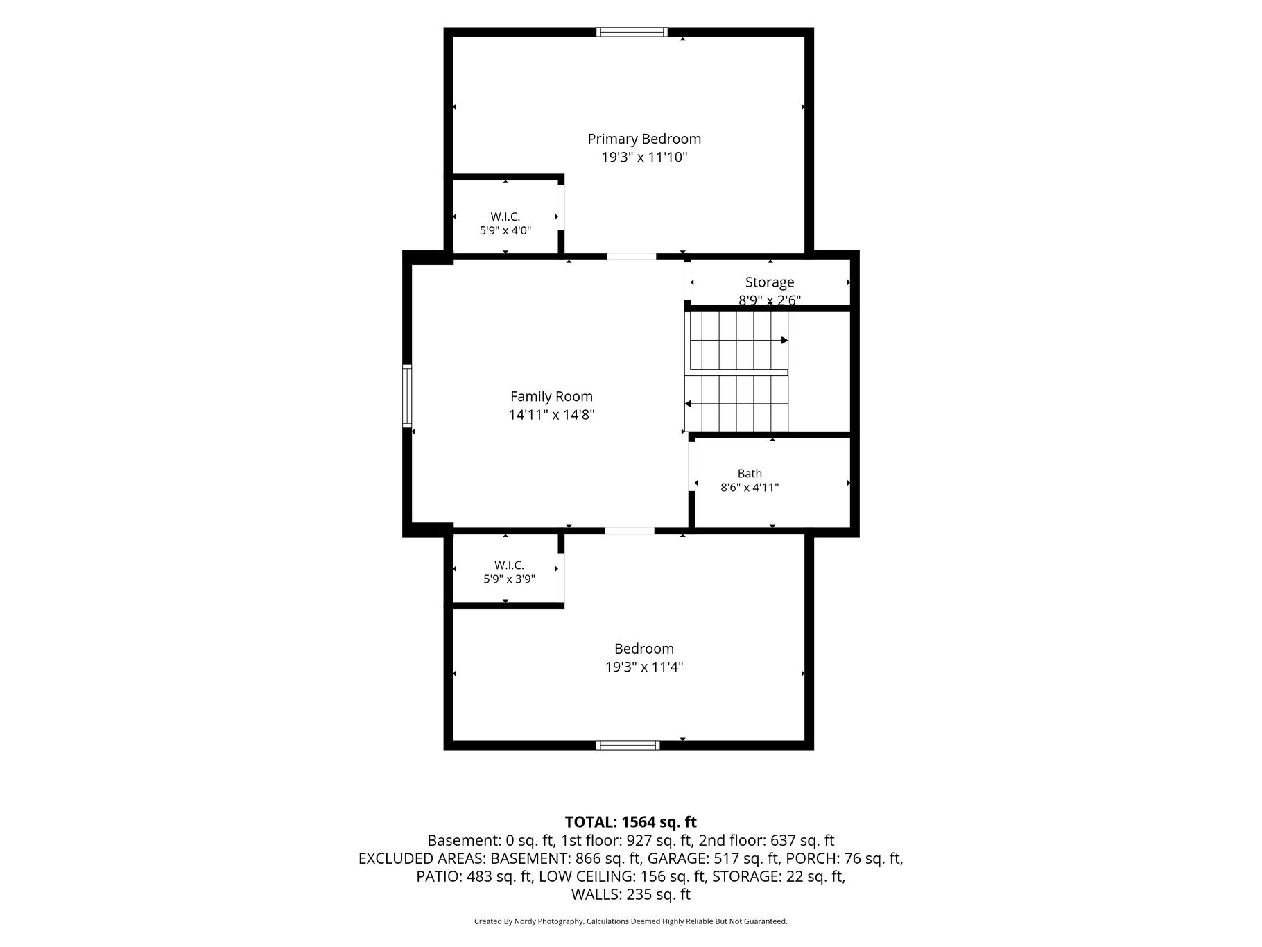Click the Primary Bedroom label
[644, 139]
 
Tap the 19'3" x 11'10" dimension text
[644, 157]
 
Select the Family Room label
[551, 397]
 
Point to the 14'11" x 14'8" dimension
[551, 415]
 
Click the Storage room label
[770, 282]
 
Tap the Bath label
[750, 473]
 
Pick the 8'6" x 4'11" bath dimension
[750, 487]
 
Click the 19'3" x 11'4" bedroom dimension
[644, 667]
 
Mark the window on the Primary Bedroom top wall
[632, 32]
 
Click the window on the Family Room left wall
[407, 395]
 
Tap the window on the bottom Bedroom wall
[628, 745]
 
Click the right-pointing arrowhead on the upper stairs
[785, 340]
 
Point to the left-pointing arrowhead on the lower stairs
[688, 403]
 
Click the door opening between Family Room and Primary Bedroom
[631, 257]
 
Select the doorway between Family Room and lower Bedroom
[630, 531]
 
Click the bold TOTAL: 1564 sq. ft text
[630, 822]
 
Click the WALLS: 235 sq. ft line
[630, 895]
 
